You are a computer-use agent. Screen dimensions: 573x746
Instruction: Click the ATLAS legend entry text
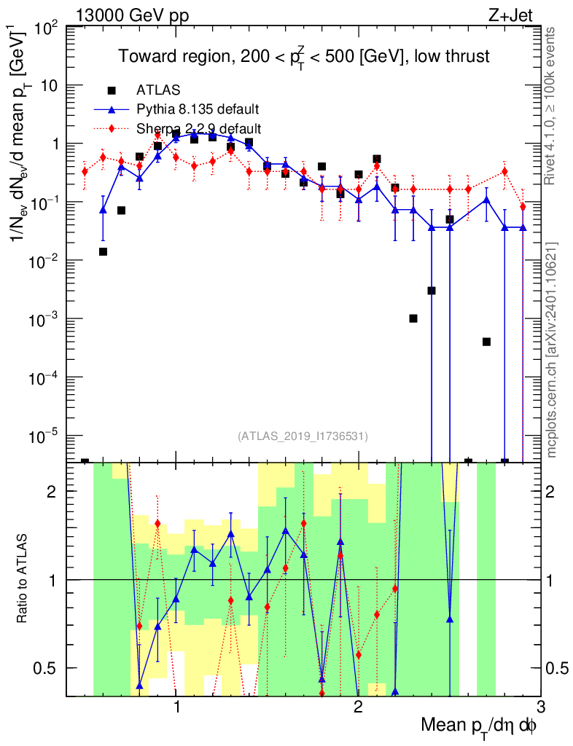click(158, 90)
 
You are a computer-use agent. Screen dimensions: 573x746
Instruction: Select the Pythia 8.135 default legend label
click(198, 109)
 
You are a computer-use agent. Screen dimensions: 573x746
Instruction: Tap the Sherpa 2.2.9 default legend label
click(198, 128)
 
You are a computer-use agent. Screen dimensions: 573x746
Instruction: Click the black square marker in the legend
click(112, 90)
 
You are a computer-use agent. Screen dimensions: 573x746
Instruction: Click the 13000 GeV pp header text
click(132, 15)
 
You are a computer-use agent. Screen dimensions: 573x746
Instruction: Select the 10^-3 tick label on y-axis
click(46, 318)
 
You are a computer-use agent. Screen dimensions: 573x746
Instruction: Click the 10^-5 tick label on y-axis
click(46, 435)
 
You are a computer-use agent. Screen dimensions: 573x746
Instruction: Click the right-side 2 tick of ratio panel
click(550, 491)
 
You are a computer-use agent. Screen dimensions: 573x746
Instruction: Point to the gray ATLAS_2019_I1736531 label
click(303, 436)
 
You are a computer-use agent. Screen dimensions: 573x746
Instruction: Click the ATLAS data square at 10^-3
click(413, 318)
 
